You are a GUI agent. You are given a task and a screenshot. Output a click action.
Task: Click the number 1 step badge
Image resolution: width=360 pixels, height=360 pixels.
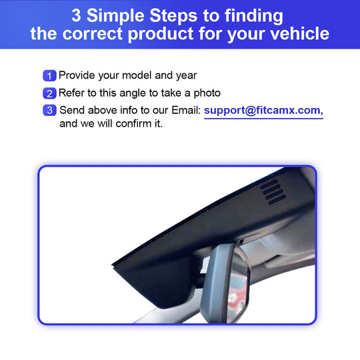[x=49, y=75]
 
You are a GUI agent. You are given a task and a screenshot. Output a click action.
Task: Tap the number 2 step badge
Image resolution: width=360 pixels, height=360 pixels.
[x=49, y=93]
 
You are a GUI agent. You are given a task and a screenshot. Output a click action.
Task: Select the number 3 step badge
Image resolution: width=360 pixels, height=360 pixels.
[x=49, y=111]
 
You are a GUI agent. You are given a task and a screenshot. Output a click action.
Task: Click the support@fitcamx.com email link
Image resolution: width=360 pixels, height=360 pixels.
[x=263, y=111]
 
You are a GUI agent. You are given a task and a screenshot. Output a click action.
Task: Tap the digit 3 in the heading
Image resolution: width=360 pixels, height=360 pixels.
[x=76, y=15]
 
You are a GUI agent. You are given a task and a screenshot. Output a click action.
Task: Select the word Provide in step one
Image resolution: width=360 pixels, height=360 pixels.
[x=77, y=75]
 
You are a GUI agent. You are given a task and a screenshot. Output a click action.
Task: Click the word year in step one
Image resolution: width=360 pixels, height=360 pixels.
[x=187, y=76]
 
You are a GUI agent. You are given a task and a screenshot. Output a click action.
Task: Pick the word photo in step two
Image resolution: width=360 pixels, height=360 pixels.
[x=207, y=93]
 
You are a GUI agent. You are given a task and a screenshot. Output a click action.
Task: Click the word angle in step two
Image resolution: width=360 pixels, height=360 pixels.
[x=133, y=93]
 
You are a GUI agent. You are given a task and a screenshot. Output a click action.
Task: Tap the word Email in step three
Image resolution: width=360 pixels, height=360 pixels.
[x=186, y=110]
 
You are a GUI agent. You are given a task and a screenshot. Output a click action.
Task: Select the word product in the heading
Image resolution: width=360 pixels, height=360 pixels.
[x=161, y=34]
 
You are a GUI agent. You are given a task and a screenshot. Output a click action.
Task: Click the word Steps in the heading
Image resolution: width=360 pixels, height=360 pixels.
[x=173, y=16]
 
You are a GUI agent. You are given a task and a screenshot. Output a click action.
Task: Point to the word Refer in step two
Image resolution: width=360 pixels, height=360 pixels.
[x=71, y=93]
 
